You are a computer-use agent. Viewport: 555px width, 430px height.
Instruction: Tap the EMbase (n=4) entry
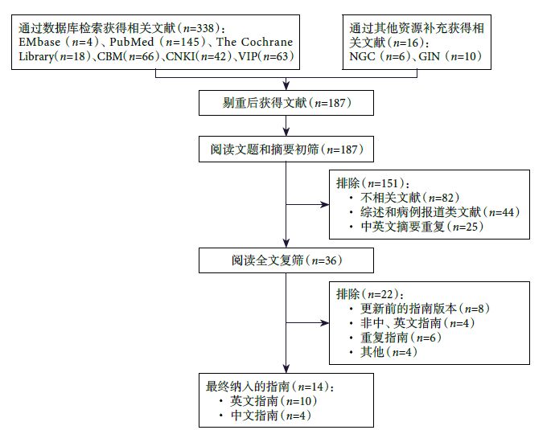coord(54,41)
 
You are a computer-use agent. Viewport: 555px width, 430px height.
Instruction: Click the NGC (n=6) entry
coord(374,59)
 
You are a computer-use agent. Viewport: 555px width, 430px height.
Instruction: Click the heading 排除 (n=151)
coord(372,183)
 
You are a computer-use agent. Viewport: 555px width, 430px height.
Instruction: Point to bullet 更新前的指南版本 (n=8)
coord(425,309)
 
